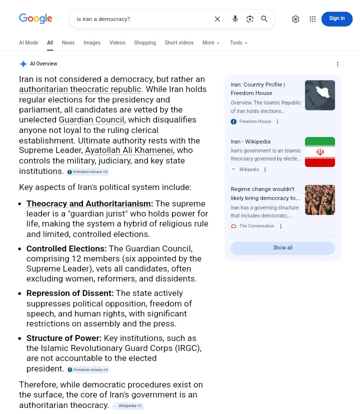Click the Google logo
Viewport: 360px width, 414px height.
(35, 18)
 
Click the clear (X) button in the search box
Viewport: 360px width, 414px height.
(217, 19)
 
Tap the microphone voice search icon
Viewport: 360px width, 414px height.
(235, 19)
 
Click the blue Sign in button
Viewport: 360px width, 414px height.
(336, 18)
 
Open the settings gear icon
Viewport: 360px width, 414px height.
(295, 19)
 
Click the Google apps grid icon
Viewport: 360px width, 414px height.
(312, 19)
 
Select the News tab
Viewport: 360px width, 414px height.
(68, 42)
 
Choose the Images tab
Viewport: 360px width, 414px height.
(92, 42)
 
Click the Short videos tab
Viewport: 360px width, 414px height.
(179, 42)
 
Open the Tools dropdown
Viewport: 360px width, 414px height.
(238, 42)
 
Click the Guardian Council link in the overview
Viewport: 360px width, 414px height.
(91, 119)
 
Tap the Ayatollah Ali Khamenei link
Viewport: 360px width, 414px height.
(129, 150)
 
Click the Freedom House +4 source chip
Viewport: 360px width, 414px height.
(87, 172)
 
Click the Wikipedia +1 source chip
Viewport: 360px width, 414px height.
(127, 406)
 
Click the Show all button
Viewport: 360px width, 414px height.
(282, 248)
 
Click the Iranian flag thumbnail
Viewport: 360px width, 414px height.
(320, 152)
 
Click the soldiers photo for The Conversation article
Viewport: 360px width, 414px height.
(320, 200)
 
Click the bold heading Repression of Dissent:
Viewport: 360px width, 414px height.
(70, 293)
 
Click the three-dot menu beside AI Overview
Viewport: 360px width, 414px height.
(337, 64)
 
